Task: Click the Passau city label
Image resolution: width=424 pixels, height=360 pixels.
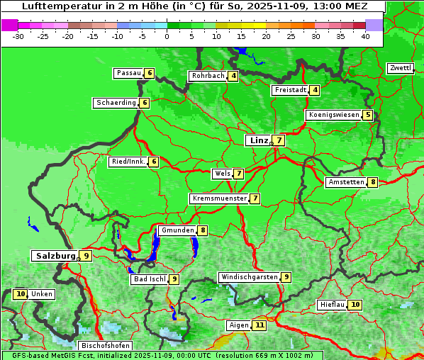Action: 128,73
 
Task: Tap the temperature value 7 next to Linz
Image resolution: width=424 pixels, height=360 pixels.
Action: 279,140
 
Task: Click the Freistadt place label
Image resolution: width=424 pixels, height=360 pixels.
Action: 290,90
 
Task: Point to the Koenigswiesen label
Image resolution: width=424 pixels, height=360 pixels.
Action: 333,115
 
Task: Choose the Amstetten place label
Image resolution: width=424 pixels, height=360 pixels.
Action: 345,182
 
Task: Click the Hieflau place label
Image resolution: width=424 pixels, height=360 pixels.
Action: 332,305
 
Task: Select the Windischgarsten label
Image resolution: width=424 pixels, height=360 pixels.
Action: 248,277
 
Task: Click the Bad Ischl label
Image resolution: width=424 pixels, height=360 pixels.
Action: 149,279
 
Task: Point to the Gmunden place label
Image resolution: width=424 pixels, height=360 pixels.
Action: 177,230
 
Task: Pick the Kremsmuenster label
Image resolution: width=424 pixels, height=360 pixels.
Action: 218,198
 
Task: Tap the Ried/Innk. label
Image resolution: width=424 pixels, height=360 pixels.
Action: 128,162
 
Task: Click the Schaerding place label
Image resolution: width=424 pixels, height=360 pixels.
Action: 116,103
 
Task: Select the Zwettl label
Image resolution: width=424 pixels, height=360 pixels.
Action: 400,68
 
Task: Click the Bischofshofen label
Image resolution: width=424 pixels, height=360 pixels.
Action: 105,346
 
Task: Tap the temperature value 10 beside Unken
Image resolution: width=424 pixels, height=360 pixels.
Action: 20,294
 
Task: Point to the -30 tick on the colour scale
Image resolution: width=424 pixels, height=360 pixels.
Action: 18,35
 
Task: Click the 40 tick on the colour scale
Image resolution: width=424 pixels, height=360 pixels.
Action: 365,35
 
